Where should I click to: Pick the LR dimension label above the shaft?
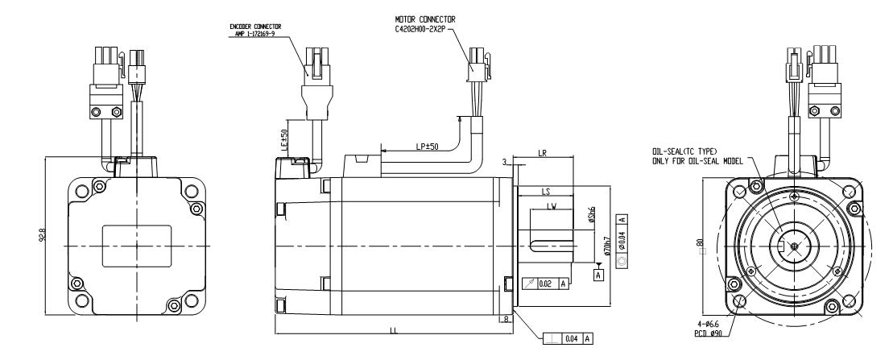point(544,153)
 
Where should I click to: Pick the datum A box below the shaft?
point(598,274)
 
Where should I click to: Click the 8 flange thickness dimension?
point(505,320)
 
